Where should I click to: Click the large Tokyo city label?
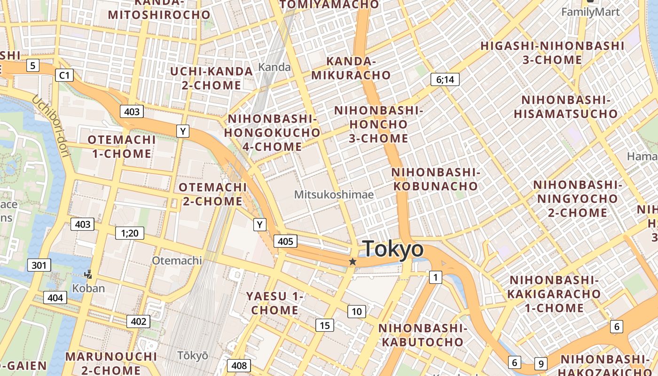393,249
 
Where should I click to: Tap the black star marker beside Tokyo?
352,262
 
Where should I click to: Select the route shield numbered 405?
285,242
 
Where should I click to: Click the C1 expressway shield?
64,75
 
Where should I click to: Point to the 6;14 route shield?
445,79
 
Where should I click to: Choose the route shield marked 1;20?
129,233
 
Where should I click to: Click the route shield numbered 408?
239,365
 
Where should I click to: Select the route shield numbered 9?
541,363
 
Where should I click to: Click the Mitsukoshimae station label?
334,194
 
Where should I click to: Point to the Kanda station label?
274,67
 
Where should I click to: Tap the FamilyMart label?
591,12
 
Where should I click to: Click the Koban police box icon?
88,274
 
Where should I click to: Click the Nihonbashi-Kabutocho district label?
422,335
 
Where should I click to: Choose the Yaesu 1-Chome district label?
275,303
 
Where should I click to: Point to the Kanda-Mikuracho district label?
351,68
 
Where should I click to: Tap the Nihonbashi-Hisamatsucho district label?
565,107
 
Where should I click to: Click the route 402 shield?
138,321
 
